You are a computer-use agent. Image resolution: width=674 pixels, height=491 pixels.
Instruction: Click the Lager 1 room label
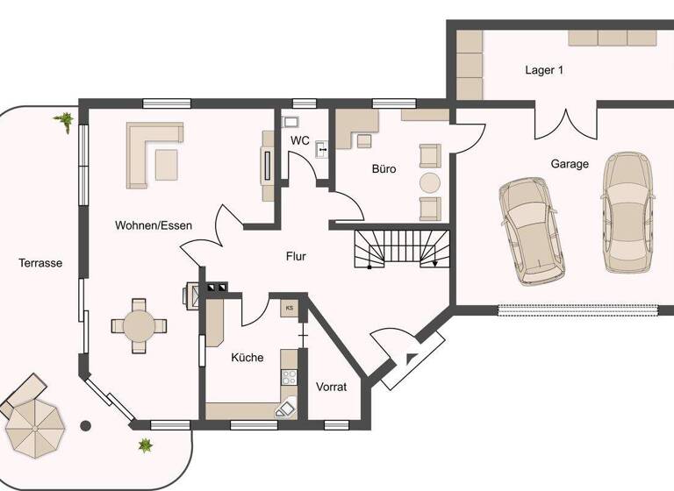[x=543, y=70]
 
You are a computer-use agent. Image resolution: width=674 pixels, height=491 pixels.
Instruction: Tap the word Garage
[x=570, y=164]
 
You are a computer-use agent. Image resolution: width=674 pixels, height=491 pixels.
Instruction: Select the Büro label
[x=383, y=168]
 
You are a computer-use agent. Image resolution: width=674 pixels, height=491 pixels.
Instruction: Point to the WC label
[x=300, y=140]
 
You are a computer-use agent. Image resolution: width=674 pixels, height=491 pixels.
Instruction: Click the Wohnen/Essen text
[x=154, y=225]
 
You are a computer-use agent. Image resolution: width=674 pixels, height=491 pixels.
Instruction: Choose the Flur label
[x=296, y=257]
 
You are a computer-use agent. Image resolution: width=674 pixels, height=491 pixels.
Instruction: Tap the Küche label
[x=247, y=357]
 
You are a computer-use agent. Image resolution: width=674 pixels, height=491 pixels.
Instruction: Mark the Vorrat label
[x=332, y=386]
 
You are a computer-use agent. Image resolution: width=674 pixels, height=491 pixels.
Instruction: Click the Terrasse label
[x=40, y=262]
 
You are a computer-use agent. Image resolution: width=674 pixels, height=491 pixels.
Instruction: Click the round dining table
[x=139, y=325]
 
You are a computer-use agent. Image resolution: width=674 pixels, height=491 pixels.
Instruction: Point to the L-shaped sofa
[x=149, y=153]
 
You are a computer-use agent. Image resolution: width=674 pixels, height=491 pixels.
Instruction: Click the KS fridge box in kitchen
[x=290, y=308]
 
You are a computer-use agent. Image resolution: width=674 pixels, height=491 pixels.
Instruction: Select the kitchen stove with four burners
[x=289, y=378]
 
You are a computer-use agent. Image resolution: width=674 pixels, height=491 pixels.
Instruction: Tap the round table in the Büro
[x=429, y=182]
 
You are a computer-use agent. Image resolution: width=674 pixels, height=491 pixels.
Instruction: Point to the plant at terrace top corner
[x=64, y=121]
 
